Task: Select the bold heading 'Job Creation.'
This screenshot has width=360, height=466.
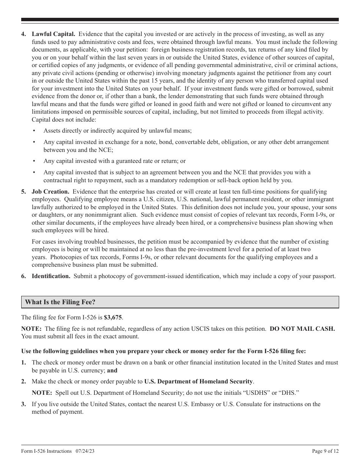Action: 50,192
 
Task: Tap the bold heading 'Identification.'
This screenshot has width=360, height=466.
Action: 51,276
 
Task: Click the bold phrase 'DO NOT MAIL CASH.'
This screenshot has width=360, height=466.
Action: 302,329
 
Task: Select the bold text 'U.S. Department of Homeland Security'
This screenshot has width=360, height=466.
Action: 198,382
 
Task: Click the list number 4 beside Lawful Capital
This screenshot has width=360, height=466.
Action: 23,34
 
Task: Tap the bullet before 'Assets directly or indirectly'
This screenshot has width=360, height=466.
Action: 34,131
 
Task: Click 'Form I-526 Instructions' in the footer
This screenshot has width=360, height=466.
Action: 47,451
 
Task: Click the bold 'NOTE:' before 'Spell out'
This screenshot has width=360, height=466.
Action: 42,393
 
